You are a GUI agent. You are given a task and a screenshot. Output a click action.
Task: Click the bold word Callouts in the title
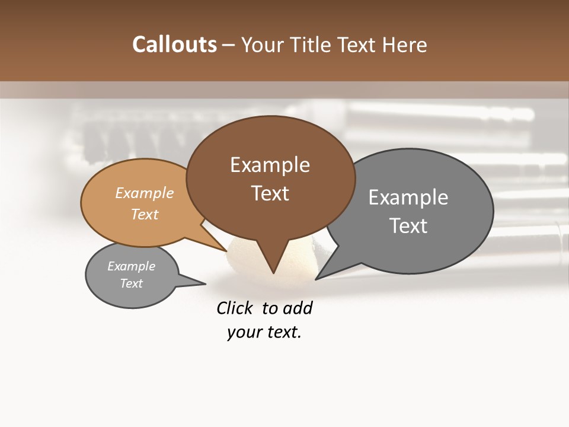click(174, 44)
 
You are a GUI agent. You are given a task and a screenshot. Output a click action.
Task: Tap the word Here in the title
click(404, 44)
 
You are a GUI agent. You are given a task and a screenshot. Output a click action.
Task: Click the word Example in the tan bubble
click(145, 193)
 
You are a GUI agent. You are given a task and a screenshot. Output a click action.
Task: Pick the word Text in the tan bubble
click(145, 214)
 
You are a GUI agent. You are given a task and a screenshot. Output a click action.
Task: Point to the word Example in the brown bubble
click(270, 165)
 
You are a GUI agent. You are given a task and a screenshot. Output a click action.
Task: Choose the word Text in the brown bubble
click(270, 193)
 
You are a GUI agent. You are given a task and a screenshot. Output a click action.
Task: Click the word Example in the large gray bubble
click(408, 197)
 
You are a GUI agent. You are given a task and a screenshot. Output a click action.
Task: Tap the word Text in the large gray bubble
click(408, 225)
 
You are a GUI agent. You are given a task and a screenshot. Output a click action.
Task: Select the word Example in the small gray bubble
click(131, 266)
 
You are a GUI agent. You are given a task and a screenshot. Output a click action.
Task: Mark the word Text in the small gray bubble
click(131, 283)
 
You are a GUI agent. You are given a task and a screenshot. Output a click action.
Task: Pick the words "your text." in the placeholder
click(264, 333)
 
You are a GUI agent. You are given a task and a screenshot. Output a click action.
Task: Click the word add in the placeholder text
click(298, 308)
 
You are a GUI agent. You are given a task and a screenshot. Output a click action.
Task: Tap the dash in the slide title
click(229, 45)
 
